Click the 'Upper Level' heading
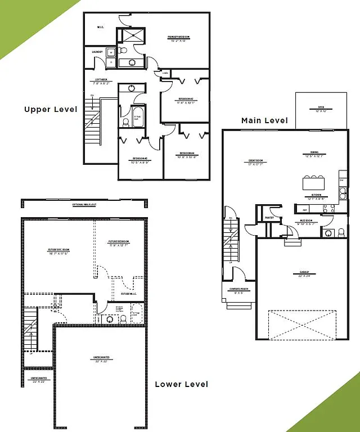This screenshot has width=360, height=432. click(x=51, y=109)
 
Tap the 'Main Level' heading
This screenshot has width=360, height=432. click(x=264, y=120)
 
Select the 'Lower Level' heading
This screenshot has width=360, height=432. click(x=181, y=384)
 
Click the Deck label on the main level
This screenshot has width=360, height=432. click(x=321, y=109)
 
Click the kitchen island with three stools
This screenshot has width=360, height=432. click(x=314, y=183)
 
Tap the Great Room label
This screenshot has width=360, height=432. click(x=256, y=162)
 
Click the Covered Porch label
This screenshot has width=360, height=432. click(x=240, y=291)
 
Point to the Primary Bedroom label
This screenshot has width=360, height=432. click(x=178, y=38)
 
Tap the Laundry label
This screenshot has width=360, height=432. click(x=97, y=52)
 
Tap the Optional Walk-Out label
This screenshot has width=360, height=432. click(x=84, y=204)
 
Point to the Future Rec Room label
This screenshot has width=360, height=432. click(x=58, y=250)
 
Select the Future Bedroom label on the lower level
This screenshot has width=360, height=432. click(x=119, y=243)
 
